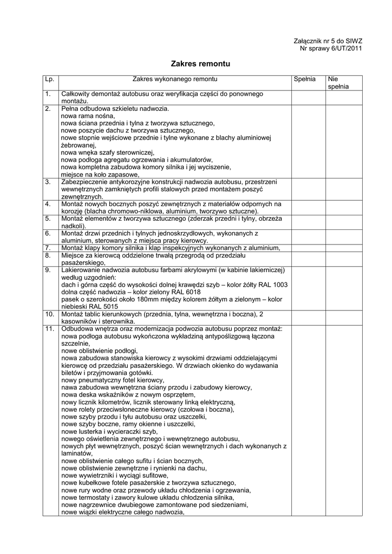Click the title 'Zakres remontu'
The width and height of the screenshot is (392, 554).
[x=200, y=64]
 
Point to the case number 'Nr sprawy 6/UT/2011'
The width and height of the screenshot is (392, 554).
[x=331, y=49]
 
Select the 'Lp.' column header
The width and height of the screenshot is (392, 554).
[x=49, y=79]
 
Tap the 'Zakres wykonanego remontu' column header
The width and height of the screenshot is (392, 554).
[x=175, y=79]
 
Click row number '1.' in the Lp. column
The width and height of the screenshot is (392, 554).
[x=48, y=94]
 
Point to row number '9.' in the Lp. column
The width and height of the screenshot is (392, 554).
[x=48, y=269]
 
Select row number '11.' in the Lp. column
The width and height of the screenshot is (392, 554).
[x=50, y=328]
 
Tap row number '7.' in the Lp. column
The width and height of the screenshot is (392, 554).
[x=48, y=248]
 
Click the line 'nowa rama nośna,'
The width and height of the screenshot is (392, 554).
[x=88, y=116]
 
